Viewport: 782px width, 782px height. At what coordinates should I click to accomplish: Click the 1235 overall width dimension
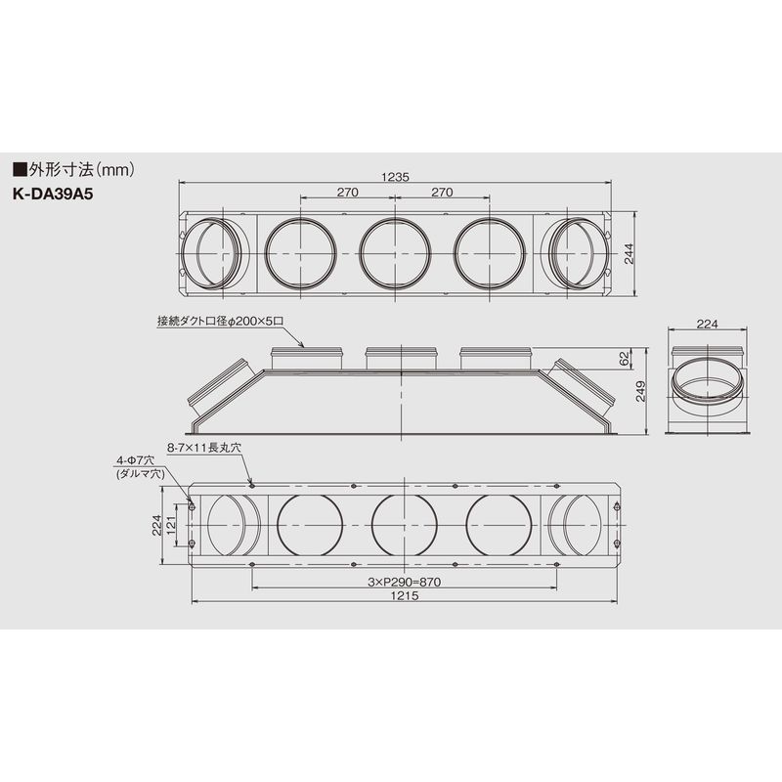click(395, 177)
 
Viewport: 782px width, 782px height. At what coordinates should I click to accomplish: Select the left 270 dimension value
click(347, 192)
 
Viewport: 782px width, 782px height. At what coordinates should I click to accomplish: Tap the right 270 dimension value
click(442, 192)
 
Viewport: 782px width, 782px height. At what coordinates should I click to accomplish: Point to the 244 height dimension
click(629, 254)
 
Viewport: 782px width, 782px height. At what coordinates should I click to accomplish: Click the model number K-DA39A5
click(53, 194)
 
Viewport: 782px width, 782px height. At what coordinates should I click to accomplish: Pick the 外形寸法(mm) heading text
click(74, 170)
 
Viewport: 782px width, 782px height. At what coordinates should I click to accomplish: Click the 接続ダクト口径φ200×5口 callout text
click(221, 322)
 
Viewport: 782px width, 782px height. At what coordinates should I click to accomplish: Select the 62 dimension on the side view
click(625, 359)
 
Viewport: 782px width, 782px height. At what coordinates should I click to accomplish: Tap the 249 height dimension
click(641, 391)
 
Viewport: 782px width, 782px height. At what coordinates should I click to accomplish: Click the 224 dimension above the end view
click(707, 325)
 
